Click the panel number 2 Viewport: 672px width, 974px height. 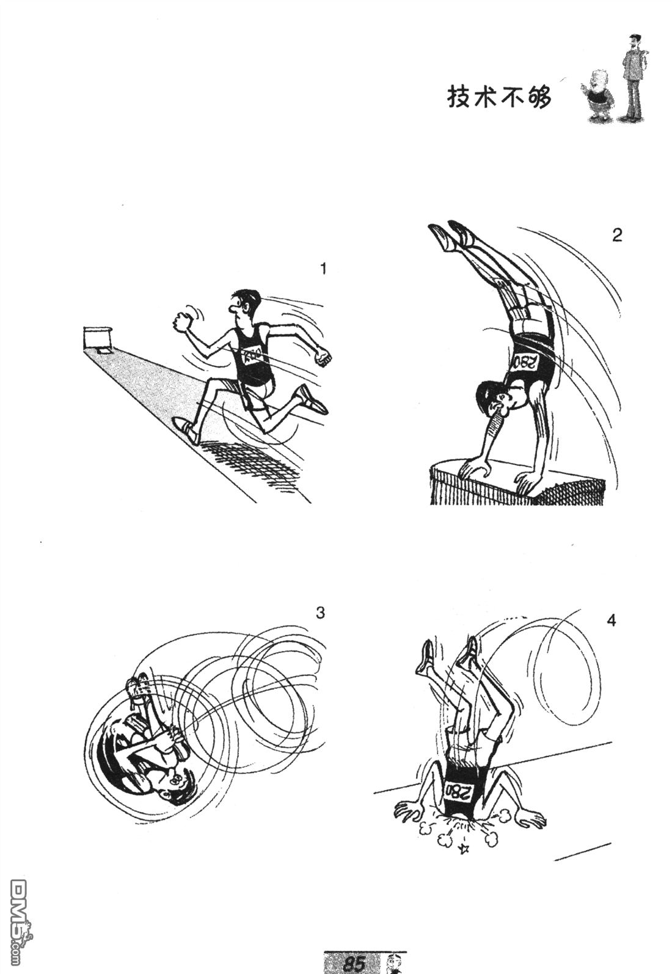(617, 235)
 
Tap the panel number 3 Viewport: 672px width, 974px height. (320, 613)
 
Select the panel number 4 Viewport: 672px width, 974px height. (611, 621)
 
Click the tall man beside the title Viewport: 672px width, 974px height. (634, 78)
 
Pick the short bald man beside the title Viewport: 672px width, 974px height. (597, 100)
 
